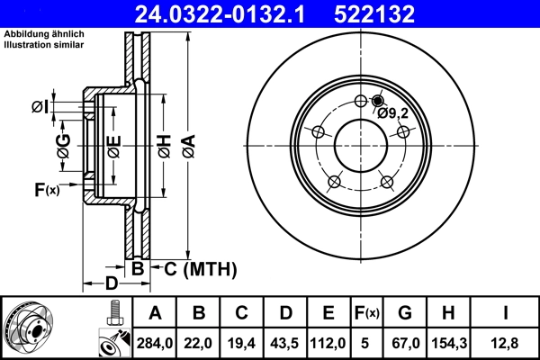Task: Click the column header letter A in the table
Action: [x=155, y=313]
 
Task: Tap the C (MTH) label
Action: [x=193, y=268]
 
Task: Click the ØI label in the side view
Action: [x=40, y=108]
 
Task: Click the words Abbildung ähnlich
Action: [x=44, y=33]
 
